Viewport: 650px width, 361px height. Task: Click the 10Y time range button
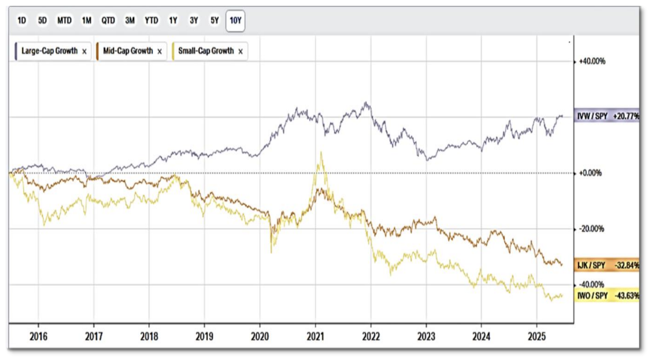235,21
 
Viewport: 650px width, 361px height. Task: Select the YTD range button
151,21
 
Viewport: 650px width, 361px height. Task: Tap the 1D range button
22,21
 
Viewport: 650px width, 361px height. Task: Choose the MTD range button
64,21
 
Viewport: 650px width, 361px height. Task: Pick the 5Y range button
215,21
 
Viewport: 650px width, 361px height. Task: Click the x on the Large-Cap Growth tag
84,52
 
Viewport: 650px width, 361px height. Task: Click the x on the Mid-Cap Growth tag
159,52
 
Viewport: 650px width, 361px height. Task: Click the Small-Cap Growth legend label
206,51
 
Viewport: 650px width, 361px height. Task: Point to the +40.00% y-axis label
592,61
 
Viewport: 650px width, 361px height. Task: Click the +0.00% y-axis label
590,173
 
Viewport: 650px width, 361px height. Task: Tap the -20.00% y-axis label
591,229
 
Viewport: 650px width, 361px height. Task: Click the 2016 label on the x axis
38,336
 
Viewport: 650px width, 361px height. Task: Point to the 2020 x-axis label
260,336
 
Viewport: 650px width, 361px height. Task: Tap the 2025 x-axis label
537,336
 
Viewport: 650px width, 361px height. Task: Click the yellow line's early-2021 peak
321,153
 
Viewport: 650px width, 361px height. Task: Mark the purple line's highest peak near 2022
365,102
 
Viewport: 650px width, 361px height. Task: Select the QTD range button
108,21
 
